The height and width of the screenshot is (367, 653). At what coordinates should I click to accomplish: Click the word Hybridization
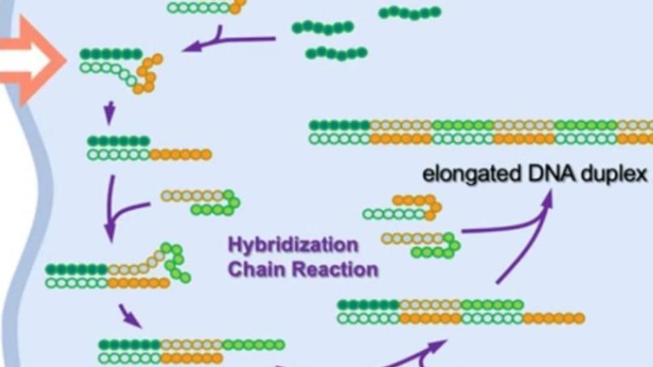pos(292,246)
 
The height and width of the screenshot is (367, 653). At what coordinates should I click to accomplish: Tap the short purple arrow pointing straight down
pos(110,112)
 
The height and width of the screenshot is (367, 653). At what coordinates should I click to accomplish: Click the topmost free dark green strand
pos(409,12)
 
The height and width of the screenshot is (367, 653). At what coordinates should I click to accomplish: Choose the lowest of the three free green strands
pos(337,53)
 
